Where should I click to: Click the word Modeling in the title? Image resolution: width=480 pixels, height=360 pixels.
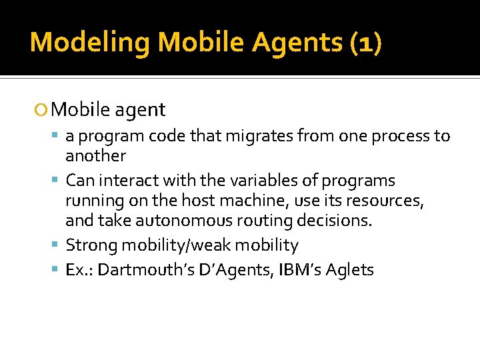tap(91, 42)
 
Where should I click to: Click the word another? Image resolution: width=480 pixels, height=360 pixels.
tap(95, 156)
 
